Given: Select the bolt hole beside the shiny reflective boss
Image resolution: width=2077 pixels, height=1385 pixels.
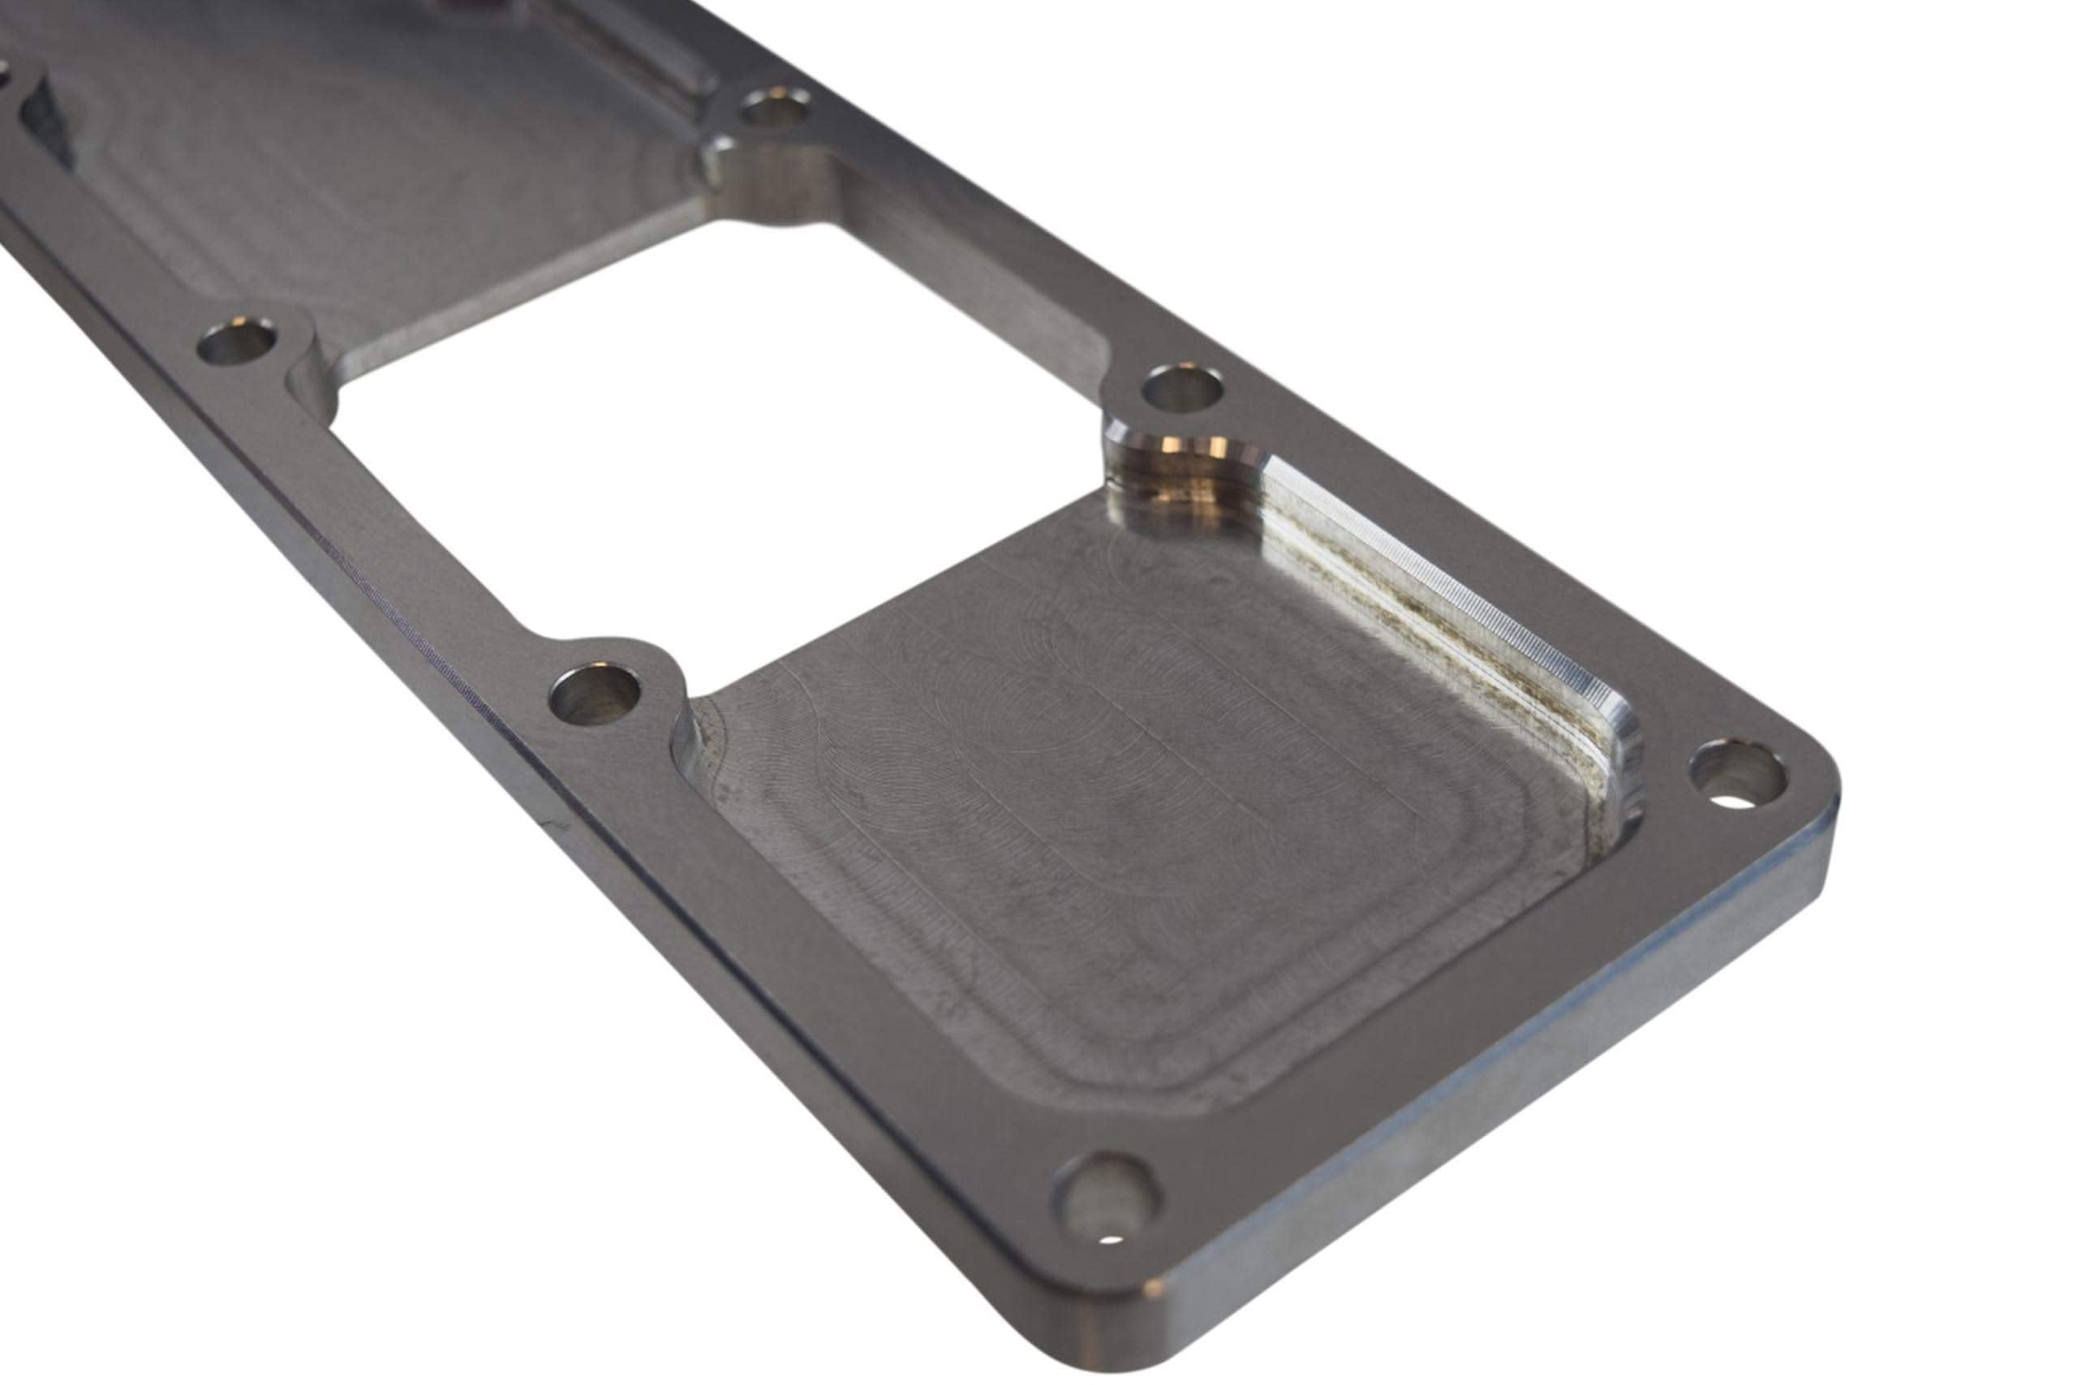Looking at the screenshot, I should coord(1181,389).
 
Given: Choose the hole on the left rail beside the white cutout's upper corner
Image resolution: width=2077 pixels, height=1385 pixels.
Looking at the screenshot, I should coord(236,342).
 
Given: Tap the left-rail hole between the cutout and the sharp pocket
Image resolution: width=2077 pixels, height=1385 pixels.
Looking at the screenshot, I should coord(595,695).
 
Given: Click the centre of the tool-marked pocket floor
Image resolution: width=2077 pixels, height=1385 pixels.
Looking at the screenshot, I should coord(1148,795).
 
